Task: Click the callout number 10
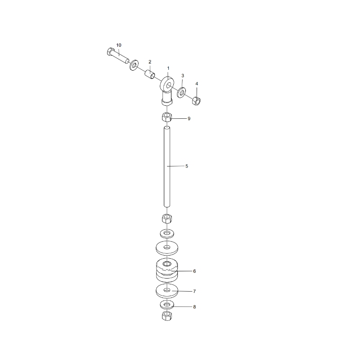coord(119,45)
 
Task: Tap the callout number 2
coord(150,62)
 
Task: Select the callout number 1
coord(168,68)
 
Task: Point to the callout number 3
coord(183,75)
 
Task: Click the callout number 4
coord(197,84)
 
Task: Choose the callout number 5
coord(187,166)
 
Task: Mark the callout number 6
coord(194,271)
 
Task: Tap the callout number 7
coord(194,292)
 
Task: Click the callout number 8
coord(194,307)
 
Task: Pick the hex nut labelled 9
coord(167,118)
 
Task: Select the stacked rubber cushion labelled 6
coord(167,270)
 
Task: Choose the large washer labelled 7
coord(167,291)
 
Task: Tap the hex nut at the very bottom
coord(167,316)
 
